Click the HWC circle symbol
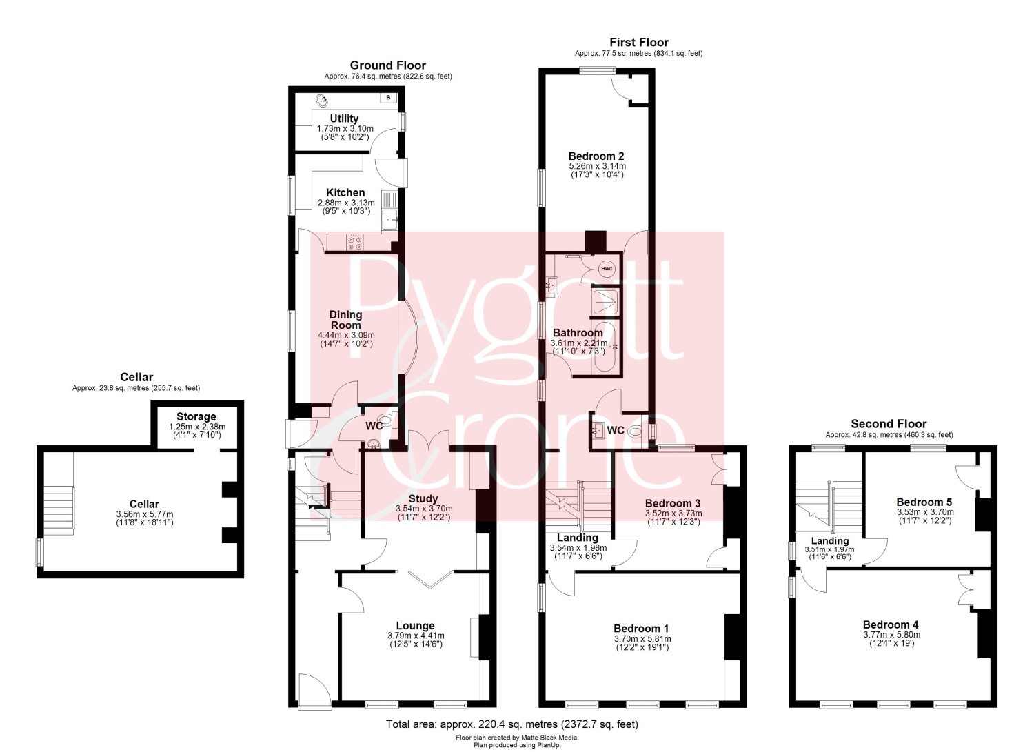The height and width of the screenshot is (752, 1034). (x=607, y=269)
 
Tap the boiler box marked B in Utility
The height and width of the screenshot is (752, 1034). (x=388, y=97)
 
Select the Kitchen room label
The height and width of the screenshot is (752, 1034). (x=345, y=192)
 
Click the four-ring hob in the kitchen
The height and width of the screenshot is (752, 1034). (x=354, y=243)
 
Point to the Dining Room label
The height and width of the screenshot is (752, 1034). (x=345, y=319)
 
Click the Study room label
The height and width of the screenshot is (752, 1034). (x=423, y=498)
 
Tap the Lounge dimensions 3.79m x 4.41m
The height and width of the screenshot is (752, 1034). (x=416, y=636)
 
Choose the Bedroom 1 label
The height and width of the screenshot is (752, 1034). (x=641, y=629)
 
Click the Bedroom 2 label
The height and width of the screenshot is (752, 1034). (x=597, y=156)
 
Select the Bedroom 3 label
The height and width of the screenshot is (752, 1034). (x=673, y=503)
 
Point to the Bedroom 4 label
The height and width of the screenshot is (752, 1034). (x=891, y=624)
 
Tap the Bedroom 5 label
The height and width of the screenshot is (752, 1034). (x=924, y=502)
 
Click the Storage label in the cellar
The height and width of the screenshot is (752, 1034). (x=196, y=416)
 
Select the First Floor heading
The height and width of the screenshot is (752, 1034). (x=639, y=43)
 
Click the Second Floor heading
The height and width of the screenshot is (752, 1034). (x=889, y=424)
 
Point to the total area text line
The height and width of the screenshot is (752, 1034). (x=512, y=724)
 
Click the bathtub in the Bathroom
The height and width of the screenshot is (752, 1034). (x=605, y=347)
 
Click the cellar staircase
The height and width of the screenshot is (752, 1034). (x=59, y=510)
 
